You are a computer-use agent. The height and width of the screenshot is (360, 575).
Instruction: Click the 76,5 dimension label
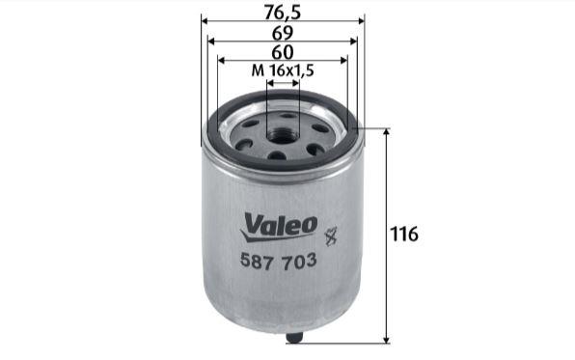point(283,12)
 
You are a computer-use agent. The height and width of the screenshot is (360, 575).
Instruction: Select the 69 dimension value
point(283,33)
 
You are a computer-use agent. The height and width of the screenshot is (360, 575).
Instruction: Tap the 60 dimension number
point(283,52)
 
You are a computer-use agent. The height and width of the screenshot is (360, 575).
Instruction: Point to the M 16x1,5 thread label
point(283,70)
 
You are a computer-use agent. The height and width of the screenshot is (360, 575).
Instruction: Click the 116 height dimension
point(403,234)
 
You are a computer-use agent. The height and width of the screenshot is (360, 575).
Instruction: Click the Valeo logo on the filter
point(279,228)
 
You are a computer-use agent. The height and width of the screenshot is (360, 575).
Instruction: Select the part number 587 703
point(278,261)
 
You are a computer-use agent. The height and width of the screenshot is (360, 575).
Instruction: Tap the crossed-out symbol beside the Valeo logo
point(331,235)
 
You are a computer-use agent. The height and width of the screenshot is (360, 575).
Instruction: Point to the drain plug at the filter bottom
point(294,337)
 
